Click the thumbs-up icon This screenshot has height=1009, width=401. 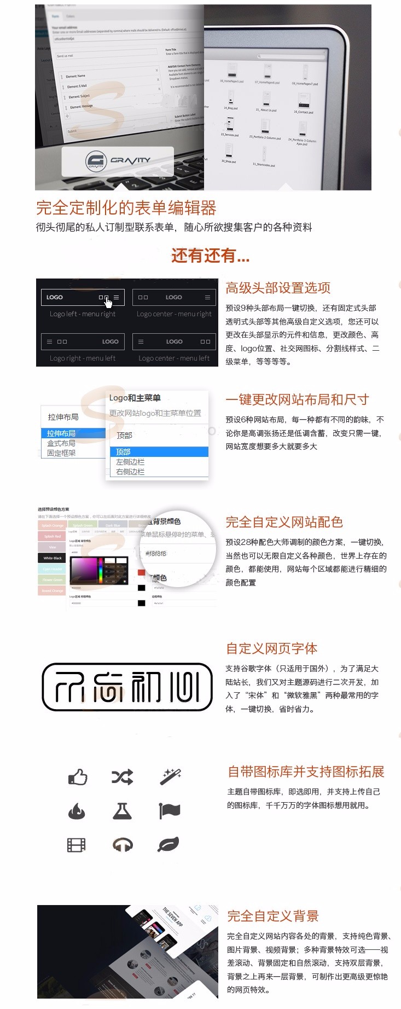(x=78, y=777)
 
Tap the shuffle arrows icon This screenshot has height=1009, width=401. (x=122, y=777)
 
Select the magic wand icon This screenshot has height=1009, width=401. (x=170, y=776)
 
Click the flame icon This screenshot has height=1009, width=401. (x=77, y=811)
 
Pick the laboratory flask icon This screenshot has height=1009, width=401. (x=122, y=811)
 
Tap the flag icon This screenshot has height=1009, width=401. (x=169, y=810)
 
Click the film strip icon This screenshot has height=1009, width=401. (x=77, y=845)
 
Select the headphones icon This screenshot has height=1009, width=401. (x=123, y=845)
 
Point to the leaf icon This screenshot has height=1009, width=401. (x=168, y=845)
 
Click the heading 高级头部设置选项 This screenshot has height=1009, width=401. (x=278, y=288)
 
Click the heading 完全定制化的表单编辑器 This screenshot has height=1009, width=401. (x=126, y=208)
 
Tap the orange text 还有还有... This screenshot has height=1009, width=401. (x=211, y=256)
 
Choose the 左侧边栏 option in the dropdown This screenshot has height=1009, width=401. (x=130, y=462)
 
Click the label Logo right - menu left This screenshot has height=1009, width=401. (x=83, y=358)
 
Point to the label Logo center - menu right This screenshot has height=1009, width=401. (x=174, y=314)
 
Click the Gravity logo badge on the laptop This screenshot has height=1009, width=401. (x=118, y=161)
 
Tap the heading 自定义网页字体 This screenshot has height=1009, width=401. (x=272, y=649)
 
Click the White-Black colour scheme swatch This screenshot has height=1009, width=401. (x=53, y=558)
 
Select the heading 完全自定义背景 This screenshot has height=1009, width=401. (x=273, y=916)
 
